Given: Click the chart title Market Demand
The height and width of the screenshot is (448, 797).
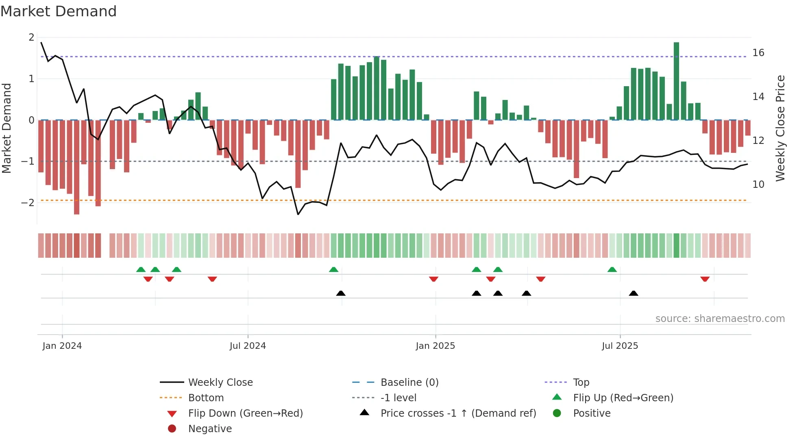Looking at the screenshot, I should pos(59,11).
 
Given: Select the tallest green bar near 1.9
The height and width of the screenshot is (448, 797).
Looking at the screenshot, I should pos(676,81).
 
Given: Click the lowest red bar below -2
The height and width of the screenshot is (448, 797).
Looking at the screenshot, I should pos(76,167).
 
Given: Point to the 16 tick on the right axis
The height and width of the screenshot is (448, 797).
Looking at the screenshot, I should pos(758,53).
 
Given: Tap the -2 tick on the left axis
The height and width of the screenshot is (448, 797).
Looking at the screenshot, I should pos(28,202).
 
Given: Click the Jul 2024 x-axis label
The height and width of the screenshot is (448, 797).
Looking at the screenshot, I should pos(248,346).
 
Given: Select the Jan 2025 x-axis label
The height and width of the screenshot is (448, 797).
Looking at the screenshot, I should pos(435,346).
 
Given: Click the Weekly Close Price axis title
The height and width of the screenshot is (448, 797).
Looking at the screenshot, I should pos(780,128).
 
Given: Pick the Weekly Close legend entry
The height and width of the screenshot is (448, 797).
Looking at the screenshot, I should pos(220,383).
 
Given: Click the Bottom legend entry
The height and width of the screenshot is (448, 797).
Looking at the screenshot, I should pos(206,398).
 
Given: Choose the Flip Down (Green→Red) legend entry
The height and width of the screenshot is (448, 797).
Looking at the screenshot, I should pos(245,413).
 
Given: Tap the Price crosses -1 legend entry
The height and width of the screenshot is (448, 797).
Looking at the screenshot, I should pos(458,413).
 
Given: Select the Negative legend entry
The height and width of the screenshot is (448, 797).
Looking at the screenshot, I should pos(210,429).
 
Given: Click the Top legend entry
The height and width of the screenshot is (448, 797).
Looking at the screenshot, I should pos(581,383).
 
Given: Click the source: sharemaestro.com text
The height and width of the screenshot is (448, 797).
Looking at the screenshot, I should pos(720,319).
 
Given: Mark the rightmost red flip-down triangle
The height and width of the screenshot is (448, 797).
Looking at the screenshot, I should pos(705,279).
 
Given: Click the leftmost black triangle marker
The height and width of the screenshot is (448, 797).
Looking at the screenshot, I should pos(341,293).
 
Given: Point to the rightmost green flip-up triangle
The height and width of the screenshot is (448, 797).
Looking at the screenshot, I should pos(612,270).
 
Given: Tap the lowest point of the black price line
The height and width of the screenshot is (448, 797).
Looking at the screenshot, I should pos(298,214).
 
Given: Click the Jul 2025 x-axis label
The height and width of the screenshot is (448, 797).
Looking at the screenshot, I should pos(620,346).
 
